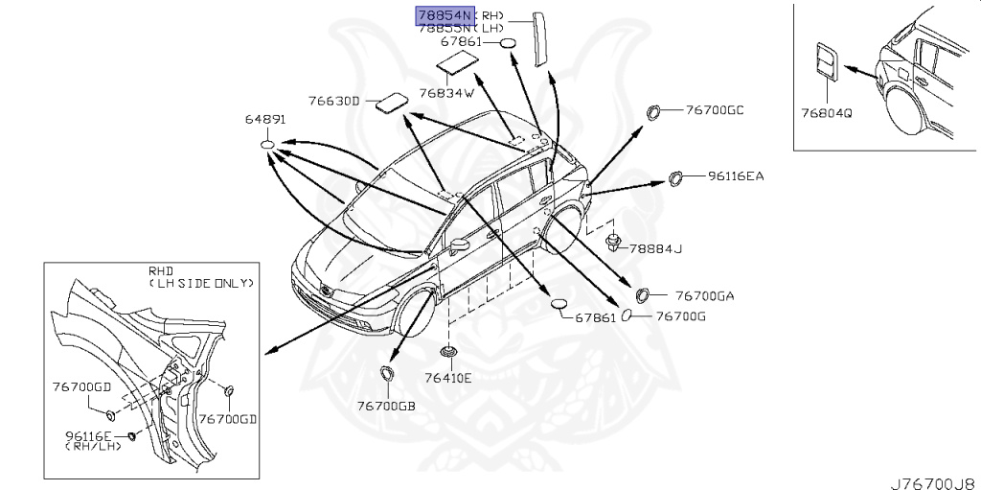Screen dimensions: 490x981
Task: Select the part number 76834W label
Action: (446, 93)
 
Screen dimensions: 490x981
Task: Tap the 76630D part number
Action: (333, 101)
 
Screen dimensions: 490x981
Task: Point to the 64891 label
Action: (266, 121)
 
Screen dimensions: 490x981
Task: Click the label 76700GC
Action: (715, 110)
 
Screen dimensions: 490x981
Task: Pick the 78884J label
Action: (655, 249)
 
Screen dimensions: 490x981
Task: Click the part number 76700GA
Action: (704, 296)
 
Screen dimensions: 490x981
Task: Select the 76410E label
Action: (447, 378)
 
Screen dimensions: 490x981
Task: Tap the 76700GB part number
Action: (386, 406)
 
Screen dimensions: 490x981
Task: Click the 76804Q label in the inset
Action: (827, 112)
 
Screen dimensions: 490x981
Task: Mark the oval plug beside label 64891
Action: (267, 145)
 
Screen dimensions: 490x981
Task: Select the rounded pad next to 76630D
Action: (389, 103)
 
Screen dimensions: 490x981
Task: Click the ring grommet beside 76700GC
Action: (655, 112)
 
